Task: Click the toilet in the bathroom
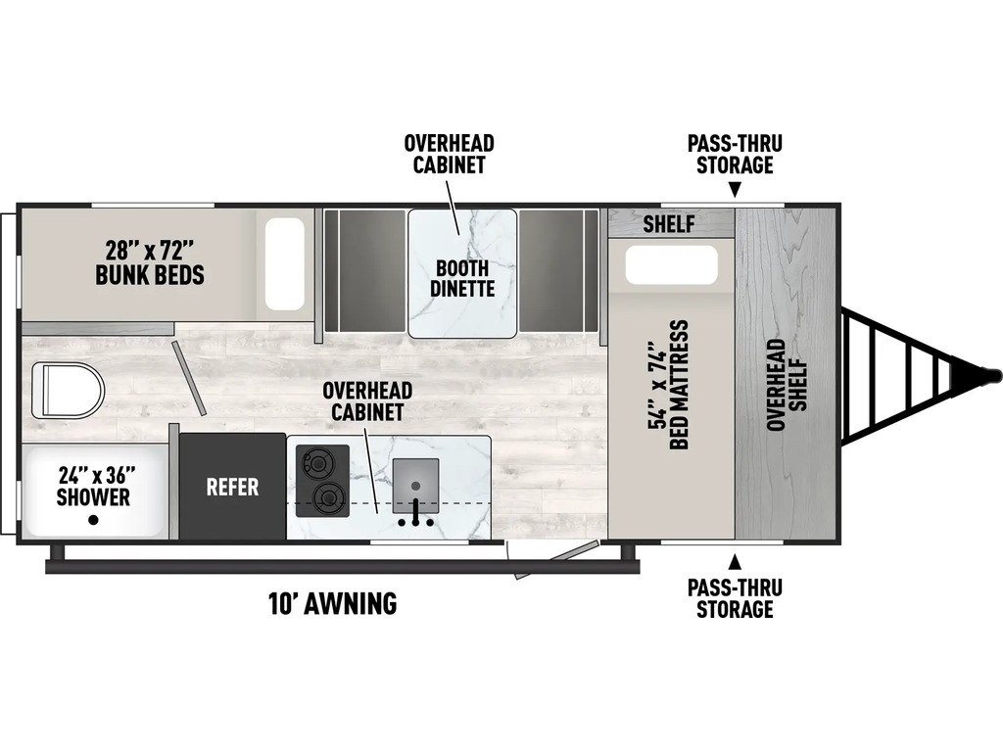click(x=68, y=390)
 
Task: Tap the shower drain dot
click(x=93, y=521)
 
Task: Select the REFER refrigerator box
click(x=232, y=487)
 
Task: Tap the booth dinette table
click(x=462, y=273)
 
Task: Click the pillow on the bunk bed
click(x=285, y=264)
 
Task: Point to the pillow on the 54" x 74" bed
click(x=672, y=264)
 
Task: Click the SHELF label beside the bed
click(x=668, y=224)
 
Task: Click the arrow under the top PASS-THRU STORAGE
click(x=735, y=189)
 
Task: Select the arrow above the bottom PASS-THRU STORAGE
click(x=735, y=561)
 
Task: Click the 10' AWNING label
click(x=333, y=603)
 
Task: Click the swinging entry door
click(x=556, y=560)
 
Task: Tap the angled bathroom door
click(x=189, y=378)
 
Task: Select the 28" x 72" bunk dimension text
click(x=150, y=248)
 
